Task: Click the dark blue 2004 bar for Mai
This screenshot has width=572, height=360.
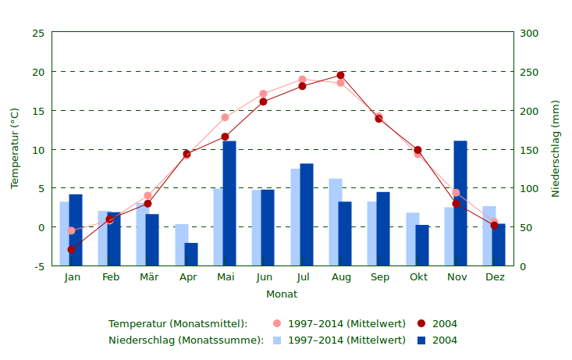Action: tap(229, 203)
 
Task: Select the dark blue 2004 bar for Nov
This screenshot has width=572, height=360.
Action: tap(460, 203)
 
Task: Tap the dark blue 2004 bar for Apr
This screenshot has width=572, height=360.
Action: tap(191, 255)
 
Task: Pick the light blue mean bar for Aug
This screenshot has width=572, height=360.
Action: tap(335, 223)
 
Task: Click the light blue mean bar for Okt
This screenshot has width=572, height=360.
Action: tap(412, 239)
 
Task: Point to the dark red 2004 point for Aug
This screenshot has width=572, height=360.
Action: tap(340, 76)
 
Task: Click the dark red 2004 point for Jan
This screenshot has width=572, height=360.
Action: tap(71, 250)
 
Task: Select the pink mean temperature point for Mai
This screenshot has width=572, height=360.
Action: tap(225, 118)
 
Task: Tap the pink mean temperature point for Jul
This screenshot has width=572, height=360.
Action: tap(302, 80)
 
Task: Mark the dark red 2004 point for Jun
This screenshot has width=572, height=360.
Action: tap(263, 102)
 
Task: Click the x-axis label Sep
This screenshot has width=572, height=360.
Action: tap(380, 277)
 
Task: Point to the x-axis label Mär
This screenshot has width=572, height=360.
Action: tap(148, 277)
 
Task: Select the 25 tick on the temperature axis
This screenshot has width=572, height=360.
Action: tap(38, 34)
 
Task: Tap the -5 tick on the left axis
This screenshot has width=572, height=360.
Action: tap(38, 266)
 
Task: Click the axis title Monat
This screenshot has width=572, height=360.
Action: tap(282, 294)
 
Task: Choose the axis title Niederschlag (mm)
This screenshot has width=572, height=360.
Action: tap(556, 148)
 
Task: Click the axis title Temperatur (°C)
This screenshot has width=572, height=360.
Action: tap(14, 148)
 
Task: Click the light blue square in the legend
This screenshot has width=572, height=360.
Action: tap(277, 340)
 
